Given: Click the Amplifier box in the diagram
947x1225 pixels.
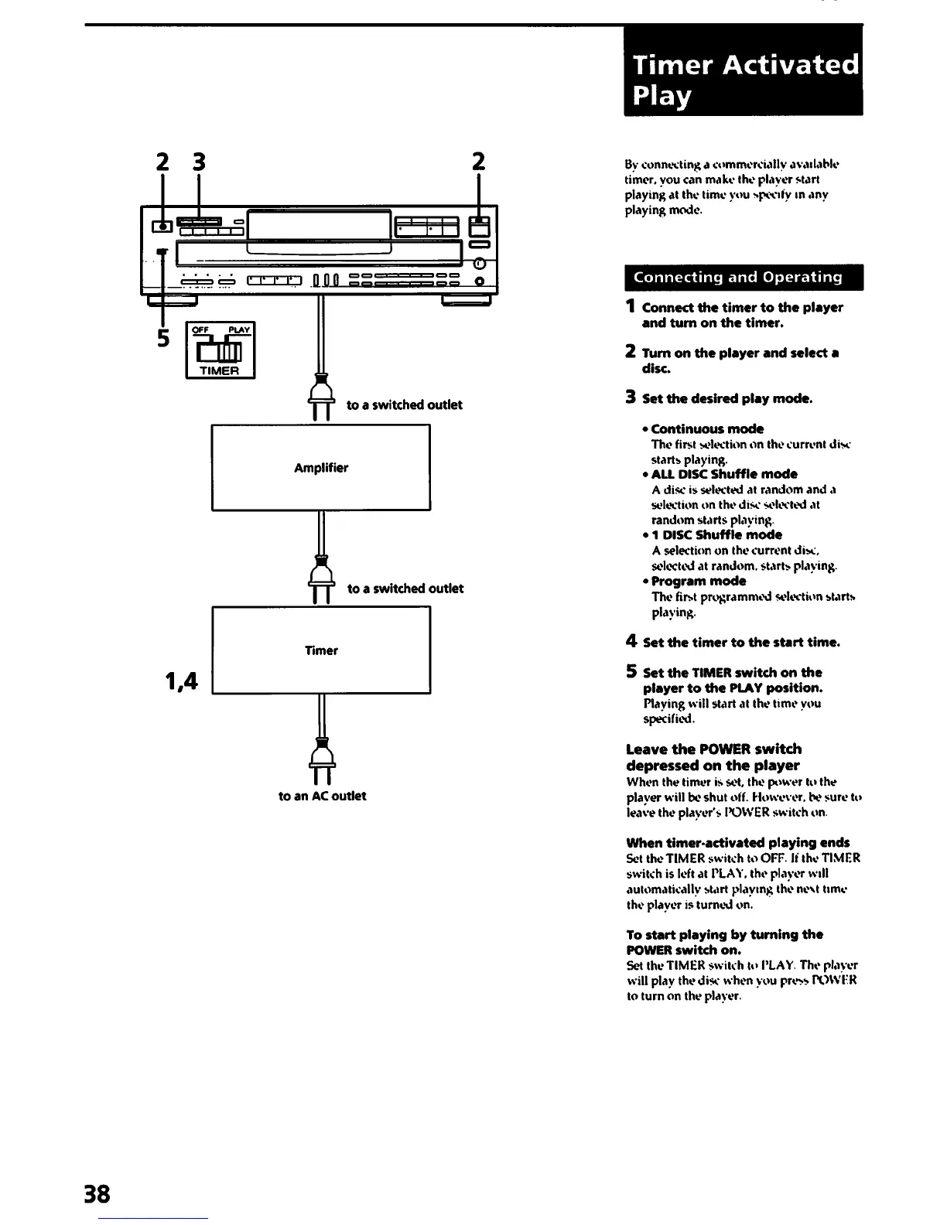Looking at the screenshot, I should [320, 467].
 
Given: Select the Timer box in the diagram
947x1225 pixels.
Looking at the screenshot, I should [320, 650].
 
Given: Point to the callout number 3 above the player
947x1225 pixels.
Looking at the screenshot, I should [200, 162].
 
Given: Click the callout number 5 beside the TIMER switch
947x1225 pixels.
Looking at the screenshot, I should [163, 338].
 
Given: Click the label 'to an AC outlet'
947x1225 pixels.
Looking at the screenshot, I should [322, 796].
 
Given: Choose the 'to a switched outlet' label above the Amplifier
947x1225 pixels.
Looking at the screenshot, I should [404, 404].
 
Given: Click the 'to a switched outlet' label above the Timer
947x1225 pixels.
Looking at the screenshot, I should [405, 589].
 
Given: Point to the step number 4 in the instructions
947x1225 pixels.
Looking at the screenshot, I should [631, 641].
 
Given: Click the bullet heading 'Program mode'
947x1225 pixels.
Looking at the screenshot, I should [698, 581].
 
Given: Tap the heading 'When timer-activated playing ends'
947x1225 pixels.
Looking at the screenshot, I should [737, 842].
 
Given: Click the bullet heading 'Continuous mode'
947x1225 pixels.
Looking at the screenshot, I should [706, 428].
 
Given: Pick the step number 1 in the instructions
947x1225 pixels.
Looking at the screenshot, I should [631, 306].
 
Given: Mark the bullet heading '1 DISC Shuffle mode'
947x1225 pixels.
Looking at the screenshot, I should [716, 534].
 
